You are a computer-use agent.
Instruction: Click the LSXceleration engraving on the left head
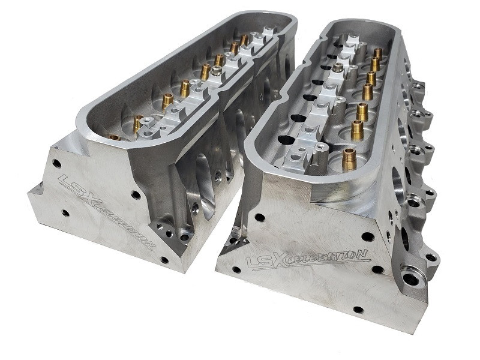pos(106,212)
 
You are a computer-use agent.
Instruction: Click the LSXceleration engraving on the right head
pos(308,259)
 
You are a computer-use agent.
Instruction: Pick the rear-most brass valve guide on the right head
pos(377,53)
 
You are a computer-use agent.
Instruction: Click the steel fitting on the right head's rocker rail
pos(338,68)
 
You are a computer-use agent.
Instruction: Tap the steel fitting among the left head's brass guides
pos(217,71)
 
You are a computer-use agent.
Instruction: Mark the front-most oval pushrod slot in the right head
pos(287,140)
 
